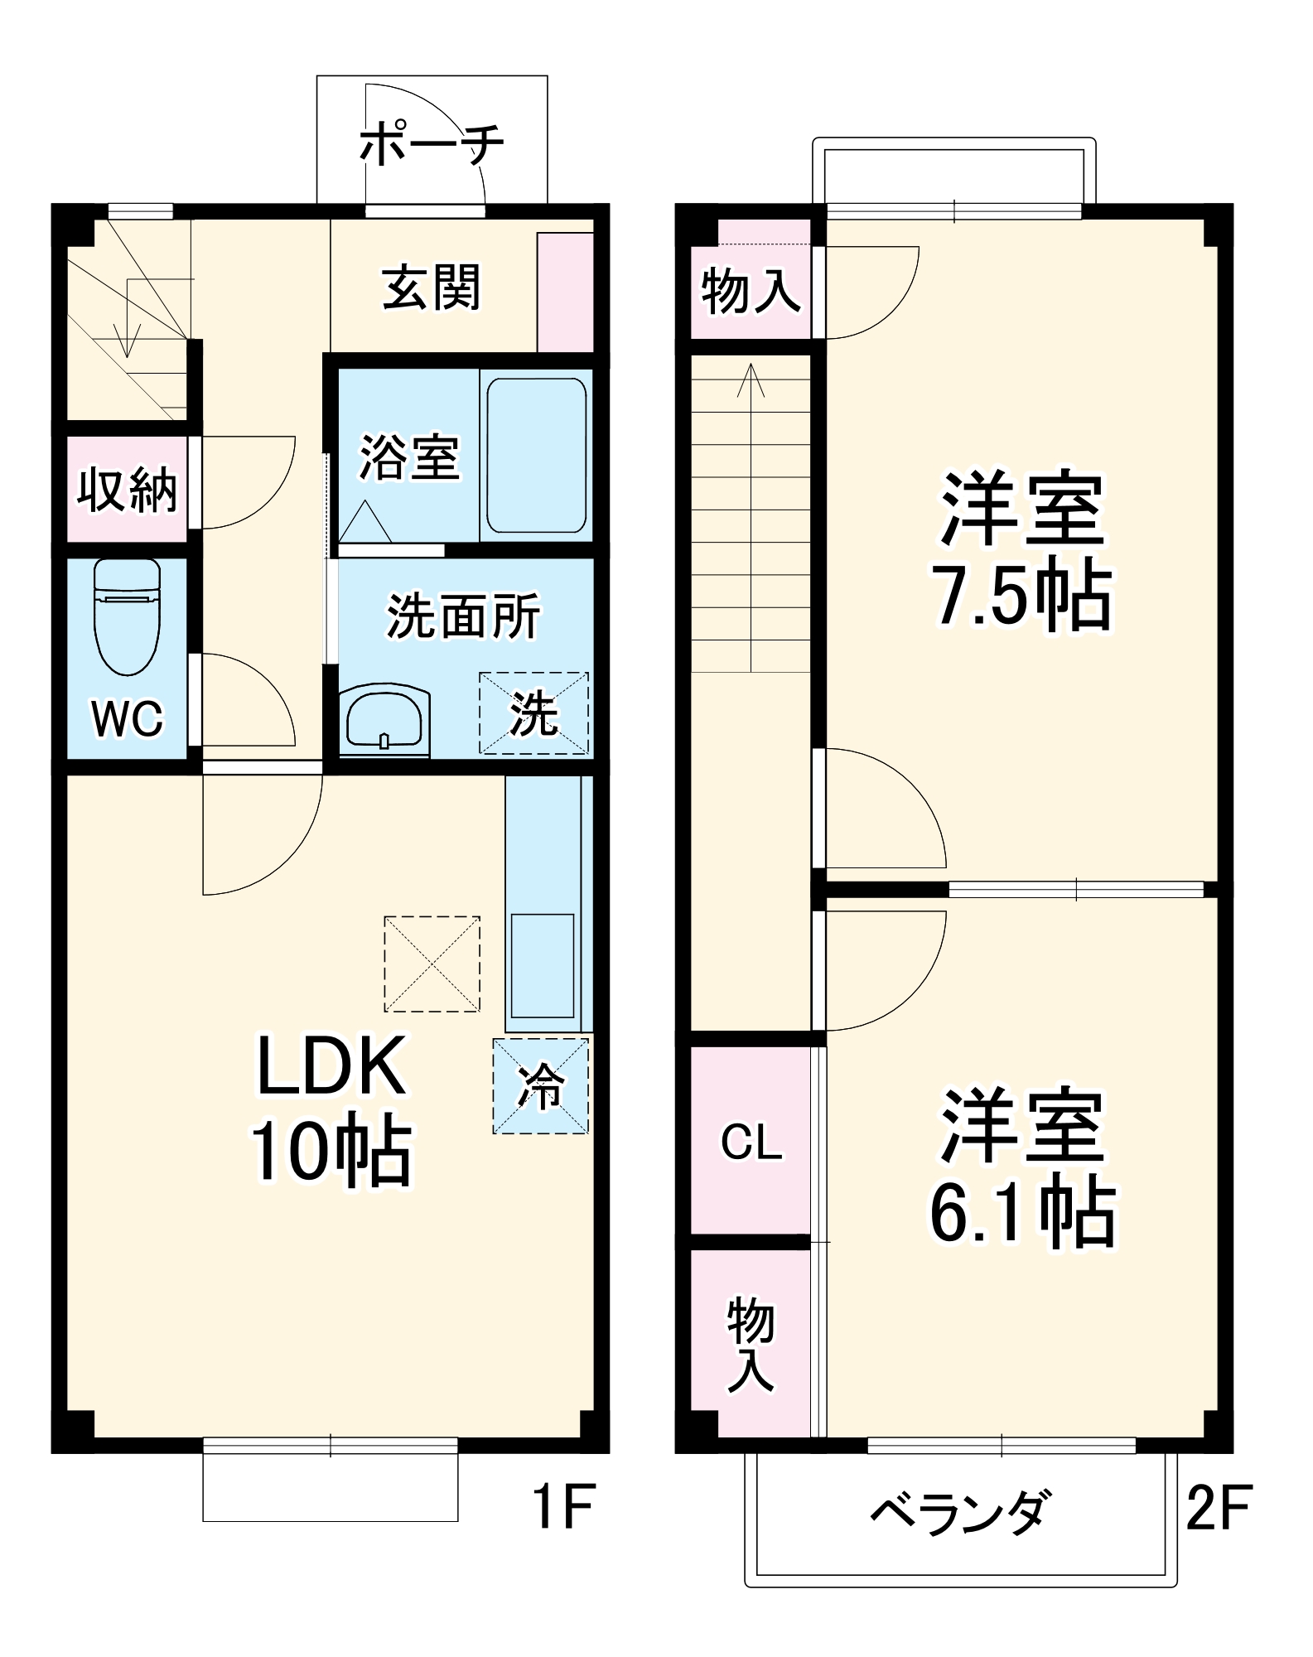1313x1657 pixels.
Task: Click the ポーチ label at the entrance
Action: tap(432, 144)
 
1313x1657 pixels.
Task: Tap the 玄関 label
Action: tap(431, 287)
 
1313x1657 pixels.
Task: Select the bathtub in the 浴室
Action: tap(536, 456)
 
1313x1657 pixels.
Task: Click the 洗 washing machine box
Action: tap(533, 713)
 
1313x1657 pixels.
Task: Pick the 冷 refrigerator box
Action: tap(540, 1085)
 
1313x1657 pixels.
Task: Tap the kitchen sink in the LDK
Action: tap(543, 965)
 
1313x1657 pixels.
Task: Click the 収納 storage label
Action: tap(127, 490)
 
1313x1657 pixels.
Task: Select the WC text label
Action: tap(127, 718)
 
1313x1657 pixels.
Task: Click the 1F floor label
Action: tap(563, 1506)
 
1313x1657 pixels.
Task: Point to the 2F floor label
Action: tap(1219, 1506)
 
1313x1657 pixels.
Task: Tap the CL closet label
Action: tap(751, 1143)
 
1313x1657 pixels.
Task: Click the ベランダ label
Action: tap(961, 1513)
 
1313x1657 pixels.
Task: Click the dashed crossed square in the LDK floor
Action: tap(432, 964)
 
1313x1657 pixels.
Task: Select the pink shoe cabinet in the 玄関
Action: tap(565, 292)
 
